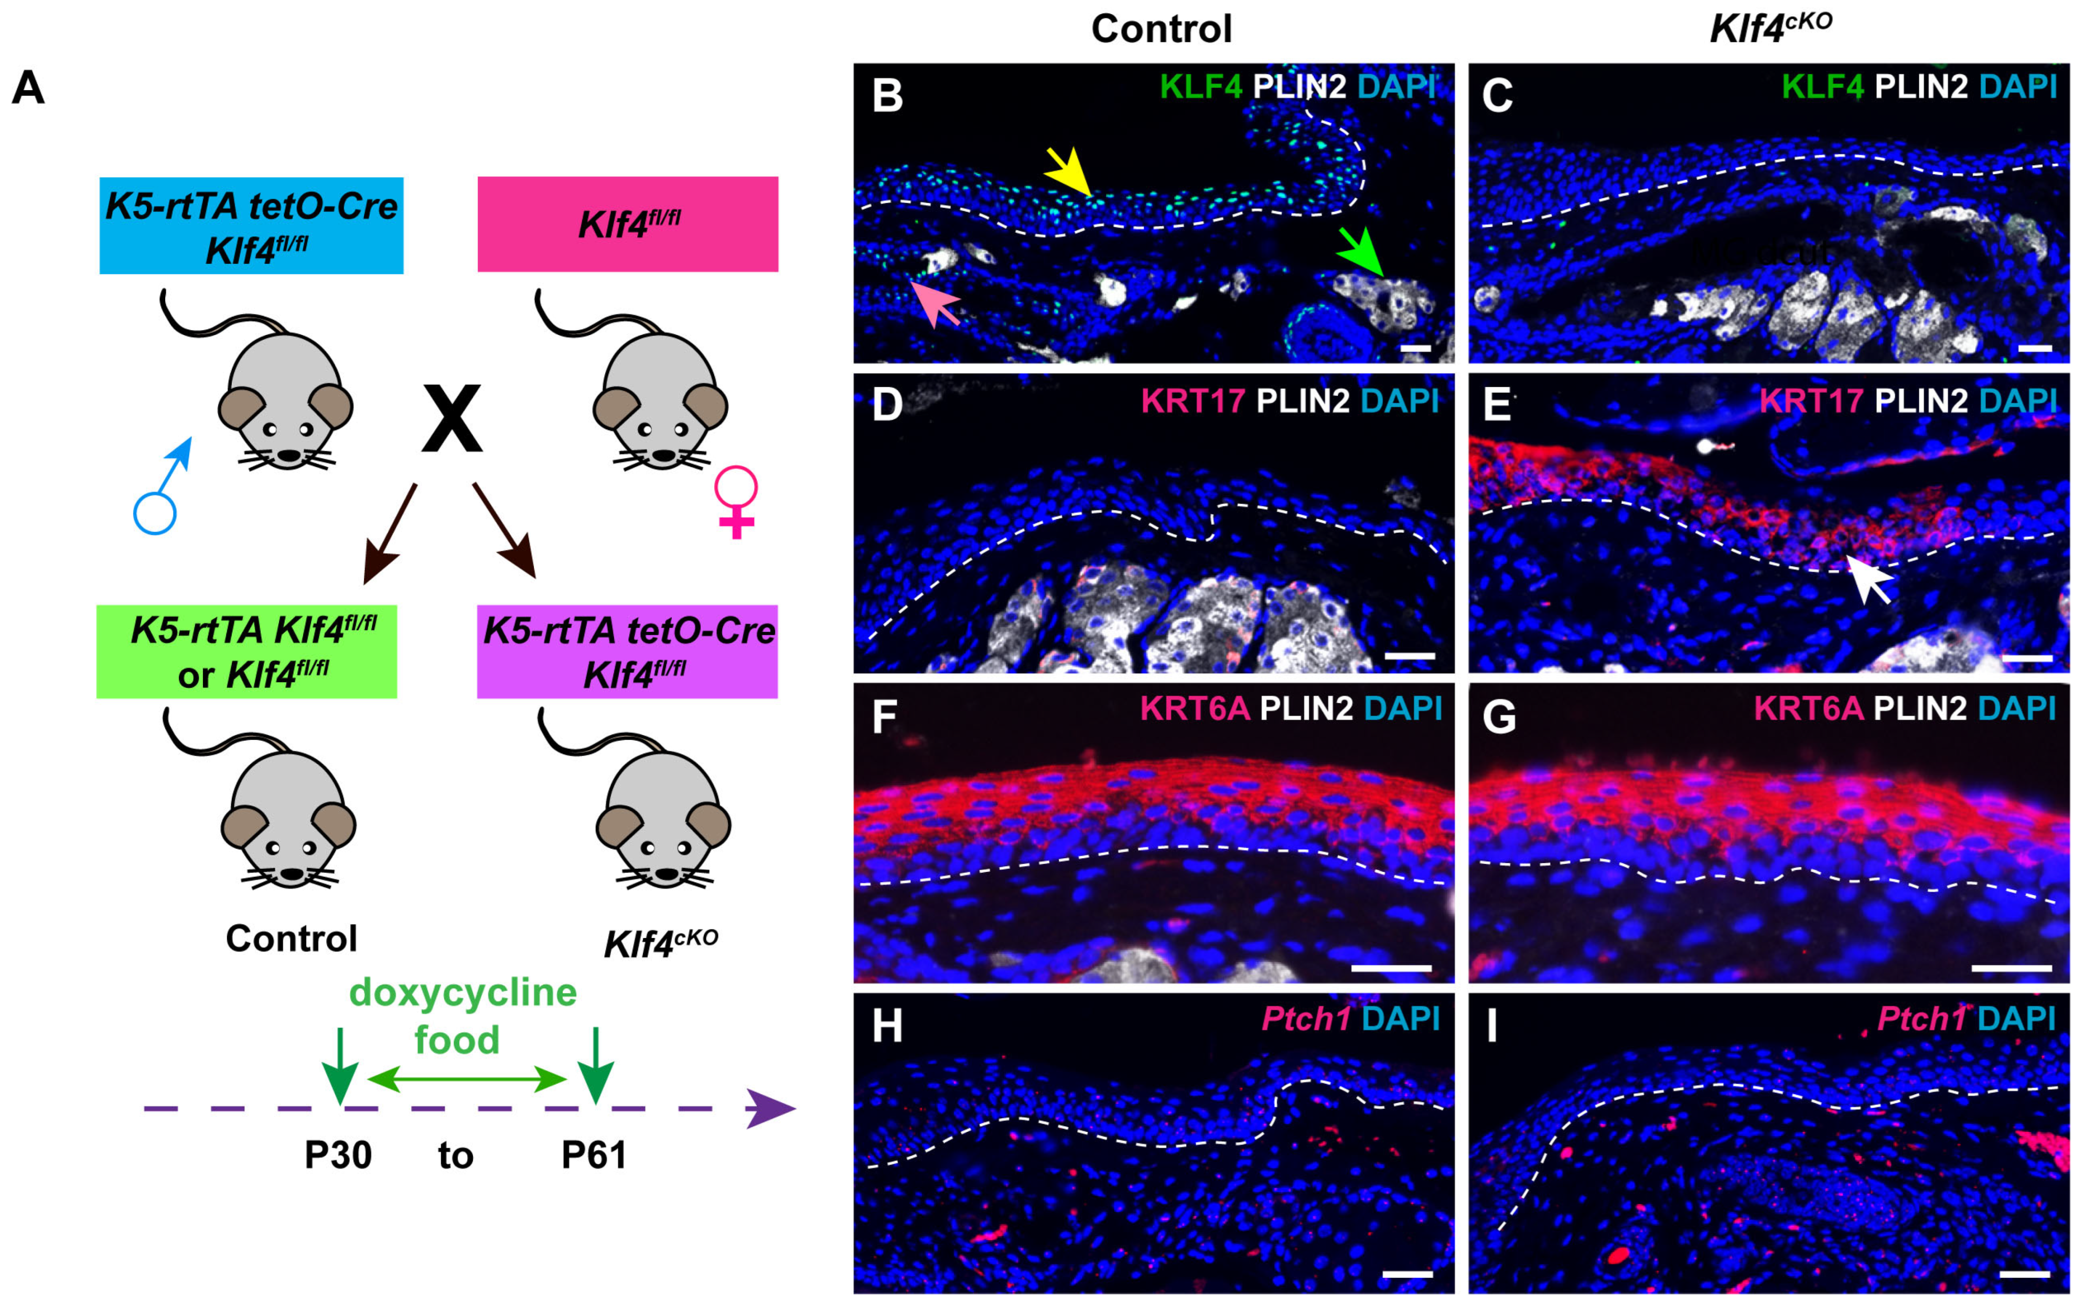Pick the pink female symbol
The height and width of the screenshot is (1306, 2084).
click(x=736, y=502)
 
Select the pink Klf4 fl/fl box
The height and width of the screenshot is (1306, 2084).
click(x=628, y=224)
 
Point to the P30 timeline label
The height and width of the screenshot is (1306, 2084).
click(x=338, y=1155)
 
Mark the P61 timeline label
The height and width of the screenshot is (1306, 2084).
click(x=595, y=1155)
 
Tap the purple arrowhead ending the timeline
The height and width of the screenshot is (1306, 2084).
click(x=769, y=1109)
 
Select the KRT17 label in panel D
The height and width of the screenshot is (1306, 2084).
click(x=1193, y=401)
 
